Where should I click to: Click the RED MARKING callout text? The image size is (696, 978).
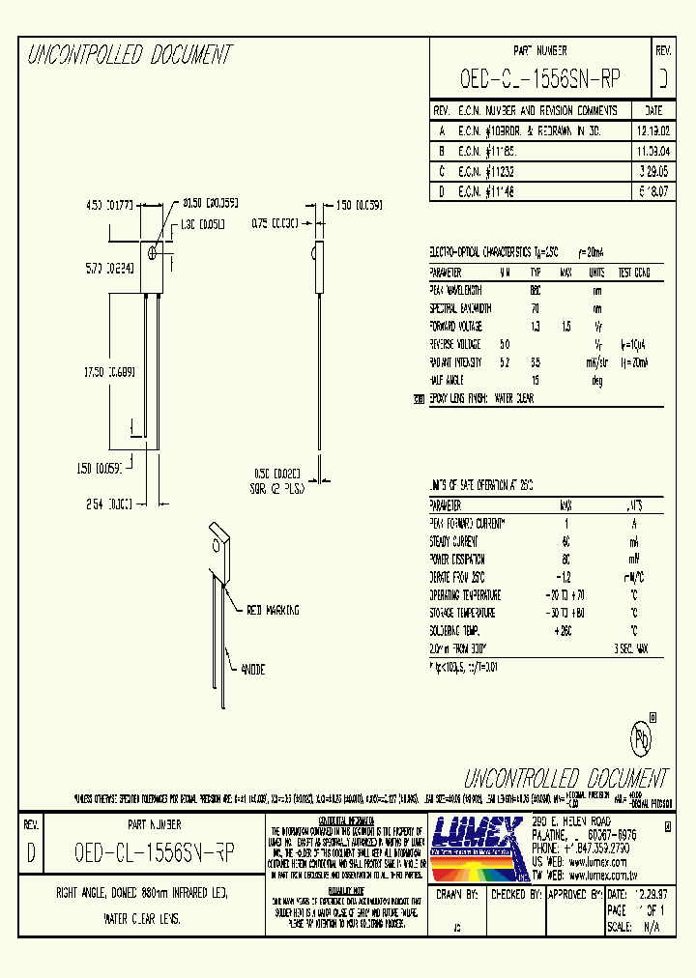click(x=274, y=610)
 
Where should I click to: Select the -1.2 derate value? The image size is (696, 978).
click(x=565, y=576)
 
